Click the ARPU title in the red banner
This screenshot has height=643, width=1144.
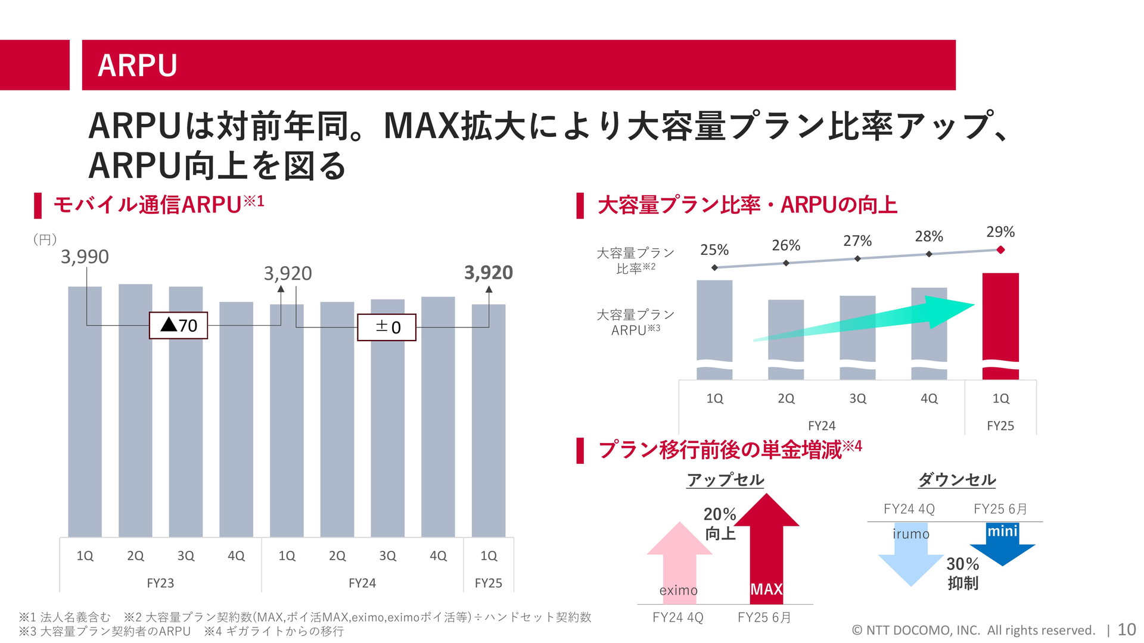pyautogui.click(x=138, y=65)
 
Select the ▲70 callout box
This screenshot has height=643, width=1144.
pyautogui.click(x=178, y=326)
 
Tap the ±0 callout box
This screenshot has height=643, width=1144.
pyautogui.click(x=386, y=327)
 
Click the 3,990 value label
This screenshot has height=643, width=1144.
pyautogui.click(x=85, y=257)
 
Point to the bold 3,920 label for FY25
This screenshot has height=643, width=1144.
pyautogui.click(x=489, y=273)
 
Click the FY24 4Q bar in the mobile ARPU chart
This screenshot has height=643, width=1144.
pyautogui.click(x=438, y=417)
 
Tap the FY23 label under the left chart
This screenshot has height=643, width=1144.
pyautogui.click(x=160, y=583)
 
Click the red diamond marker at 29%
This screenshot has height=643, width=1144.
pyautogui.click(x=1000, y=250)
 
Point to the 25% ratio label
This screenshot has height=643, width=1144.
pyautogui.click(x=714, y=250)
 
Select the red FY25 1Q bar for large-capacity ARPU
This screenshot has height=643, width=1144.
pyautogui.click(x=1000, y=321)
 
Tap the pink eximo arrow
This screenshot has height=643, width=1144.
pyautogui.click(x=679, y=554)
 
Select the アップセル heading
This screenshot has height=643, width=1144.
pyautogui.click(x=725, y=480)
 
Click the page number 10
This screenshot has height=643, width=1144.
pyautogui.click(x=1126, y=629)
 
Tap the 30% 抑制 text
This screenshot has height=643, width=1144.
pyautogui.click(x=963, y=573)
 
